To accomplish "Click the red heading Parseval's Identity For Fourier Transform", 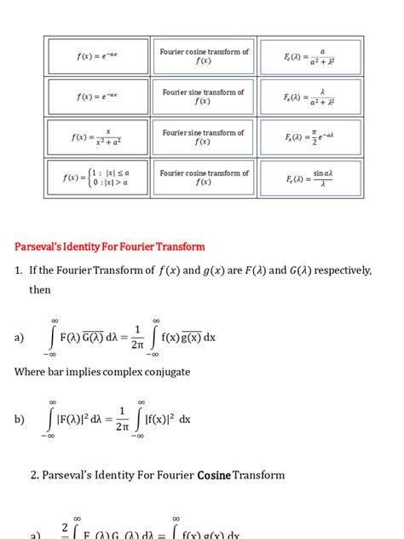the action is coord(110,247).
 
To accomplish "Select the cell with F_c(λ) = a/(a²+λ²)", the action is coord(310,56).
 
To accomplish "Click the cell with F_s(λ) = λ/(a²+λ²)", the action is coord(310,97).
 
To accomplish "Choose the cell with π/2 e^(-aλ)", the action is coord(310,137).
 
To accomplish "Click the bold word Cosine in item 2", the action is coord(214,475).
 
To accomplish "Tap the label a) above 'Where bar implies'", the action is coord(20,338).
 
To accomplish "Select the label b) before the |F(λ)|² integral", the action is coord(20,419).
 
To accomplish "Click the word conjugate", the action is coord(164,372).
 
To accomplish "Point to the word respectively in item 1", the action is coord(340,271).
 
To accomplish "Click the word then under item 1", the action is coord(40,291).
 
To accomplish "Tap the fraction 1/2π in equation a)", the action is coord(137,337).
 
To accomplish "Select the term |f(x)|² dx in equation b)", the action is coord(167,419).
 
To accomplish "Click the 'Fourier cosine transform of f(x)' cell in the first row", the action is coord(204,56).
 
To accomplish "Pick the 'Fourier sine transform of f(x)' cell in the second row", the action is coord(204,97).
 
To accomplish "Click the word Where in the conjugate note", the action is coord(32,372).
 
